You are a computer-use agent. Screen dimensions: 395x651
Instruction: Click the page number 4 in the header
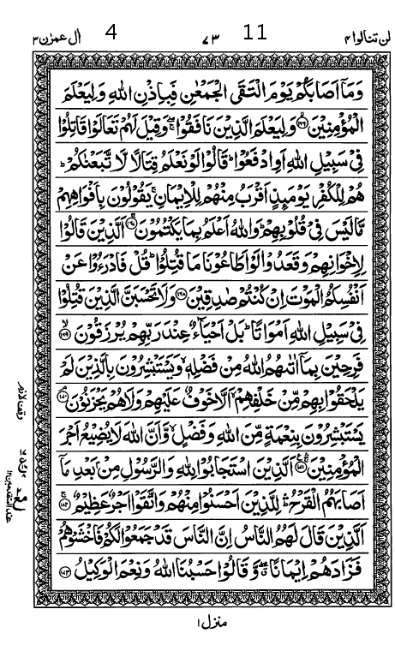click(111, 35)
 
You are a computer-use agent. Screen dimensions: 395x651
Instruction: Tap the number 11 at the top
click(254, 34)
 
